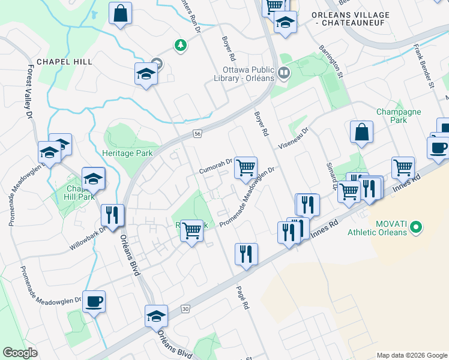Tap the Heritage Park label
point(127,154)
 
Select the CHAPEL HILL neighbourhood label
point(64,61)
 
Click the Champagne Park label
point(399,116)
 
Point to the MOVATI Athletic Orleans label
point(391,228)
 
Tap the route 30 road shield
point(185,308)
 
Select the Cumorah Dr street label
point(215,166)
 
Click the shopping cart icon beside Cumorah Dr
point(246,167)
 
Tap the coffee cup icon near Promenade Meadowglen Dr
point(93,301)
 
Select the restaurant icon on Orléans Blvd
point(112,215)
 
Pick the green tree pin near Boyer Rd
point(179,44)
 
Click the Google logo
point(20,353)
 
